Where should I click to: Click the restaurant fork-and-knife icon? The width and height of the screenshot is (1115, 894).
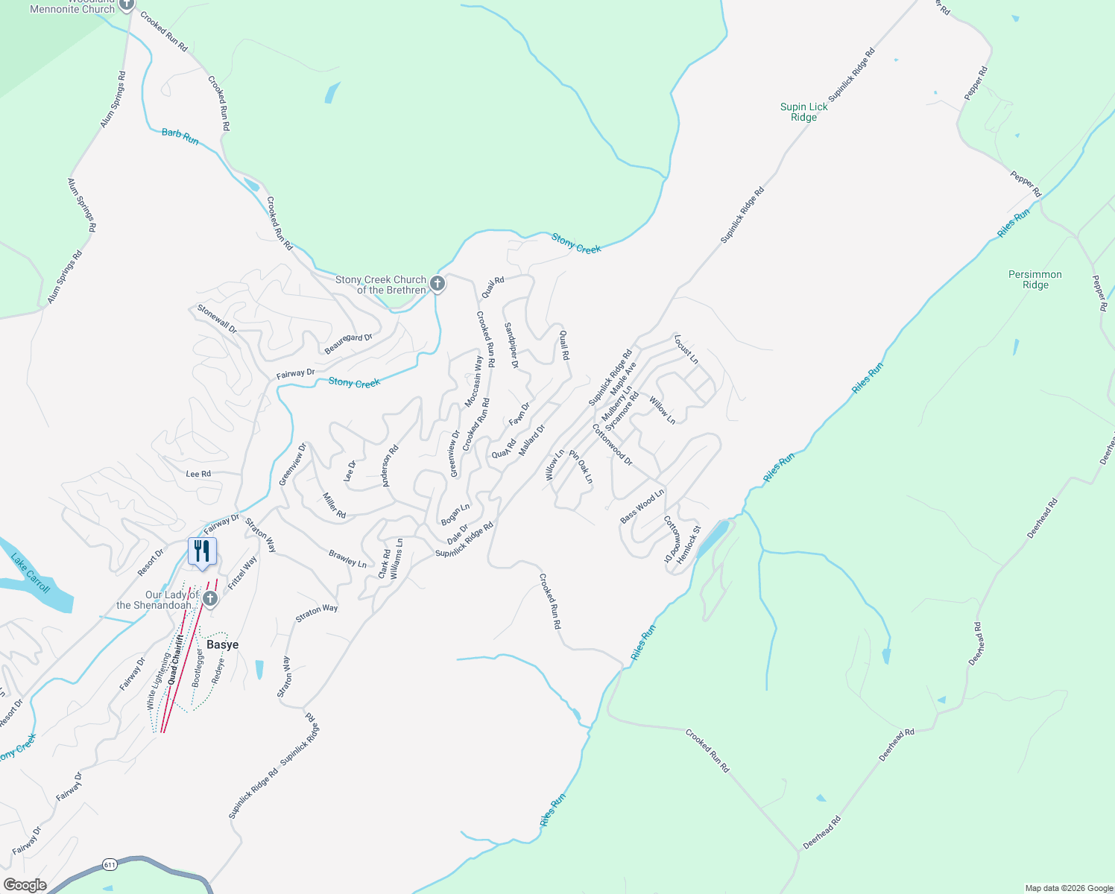pos(202,551)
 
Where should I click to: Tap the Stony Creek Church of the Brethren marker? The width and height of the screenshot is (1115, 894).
pos(438,284)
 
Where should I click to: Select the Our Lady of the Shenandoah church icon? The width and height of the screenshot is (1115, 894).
pos(210,599)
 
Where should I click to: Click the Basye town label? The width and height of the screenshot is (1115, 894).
pos(222,644)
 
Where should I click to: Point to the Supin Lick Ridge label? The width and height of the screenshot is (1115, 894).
pos(803,112)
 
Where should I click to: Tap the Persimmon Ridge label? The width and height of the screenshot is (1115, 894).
pos(1035,279)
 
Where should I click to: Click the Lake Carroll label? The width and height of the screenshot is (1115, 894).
pos(31,572)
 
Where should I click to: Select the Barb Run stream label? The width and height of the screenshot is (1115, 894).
pos(180,136)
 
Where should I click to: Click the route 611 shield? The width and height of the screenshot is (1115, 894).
pos(110,864)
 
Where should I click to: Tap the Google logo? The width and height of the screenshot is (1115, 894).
pos(25,884)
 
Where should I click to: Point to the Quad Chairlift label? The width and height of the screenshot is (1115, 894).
pos(176,659)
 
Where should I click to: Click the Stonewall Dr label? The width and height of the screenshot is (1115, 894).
pos(216,319)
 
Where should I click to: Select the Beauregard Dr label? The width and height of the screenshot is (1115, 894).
pos(348,343)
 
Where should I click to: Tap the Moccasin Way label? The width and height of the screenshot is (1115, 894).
pos(474,381)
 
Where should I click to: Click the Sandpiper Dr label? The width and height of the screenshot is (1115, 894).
pos(511,345)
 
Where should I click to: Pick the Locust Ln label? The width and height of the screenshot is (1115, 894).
pos(686,349)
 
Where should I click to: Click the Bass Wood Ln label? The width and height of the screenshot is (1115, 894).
pos(642,506)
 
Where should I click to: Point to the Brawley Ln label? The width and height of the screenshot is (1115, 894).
pos(347,559)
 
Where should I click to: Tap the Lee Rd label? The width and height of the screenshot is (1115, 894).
pos(198,474)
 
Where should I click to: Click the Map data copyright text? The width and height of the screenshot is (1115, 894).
pos(1068,888)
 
